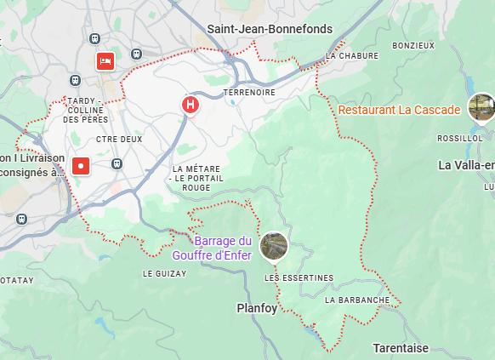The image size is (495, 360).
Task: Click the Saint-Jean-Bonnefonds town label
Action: (x=270, y=29)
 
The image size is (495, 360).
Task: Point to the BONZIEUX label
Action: (x=413, y=45)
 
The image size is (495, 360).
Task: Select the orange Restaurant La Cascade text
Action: (x=399, y=110)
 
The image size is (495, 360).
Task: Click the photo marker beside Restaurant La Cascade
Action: (x=481, y=107)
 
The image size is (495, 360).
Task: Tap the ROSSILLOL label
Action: (x=459, y=138)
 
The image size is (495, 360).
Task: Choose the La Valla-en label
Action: (x=466, y=164)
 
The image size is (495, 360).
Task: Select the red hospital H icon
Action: (x=191, y=104)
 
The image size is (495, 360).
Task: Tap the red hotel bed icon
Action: (x=105, y=60)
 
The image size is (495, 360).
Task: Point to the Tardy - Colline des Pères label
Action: (x=82, y=111)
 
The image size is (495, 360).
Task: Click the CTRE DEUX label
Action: (x=119, y=139)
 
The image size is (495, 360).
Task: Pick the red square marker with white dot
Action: (x=81, y=165)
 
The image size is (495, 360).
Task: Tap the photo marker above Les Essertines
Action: (x=274, y=246)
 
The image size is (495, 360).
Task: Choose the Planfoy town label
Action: (x=256, y=308)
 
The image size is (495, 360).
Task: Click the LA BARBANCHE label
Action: (x=357, y=300)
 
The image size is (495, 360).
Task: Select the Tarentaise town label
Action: (x=401, y=347)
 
